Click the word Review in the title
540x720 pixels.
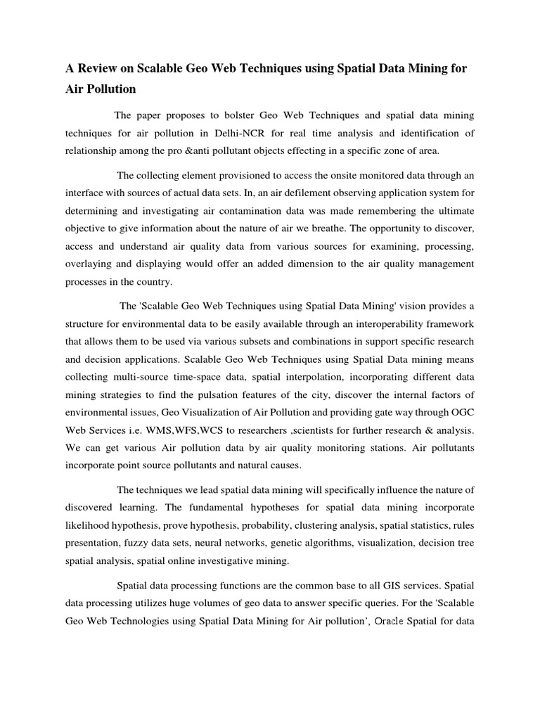pos(98,69)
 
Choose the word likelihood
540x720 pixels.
pos(91,525)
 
